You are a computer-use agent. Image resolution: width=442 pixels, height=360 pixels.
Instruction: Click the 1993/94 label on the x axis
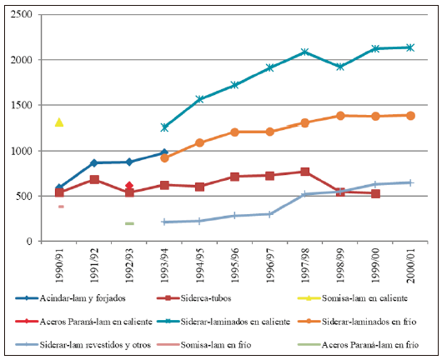coord(165,265)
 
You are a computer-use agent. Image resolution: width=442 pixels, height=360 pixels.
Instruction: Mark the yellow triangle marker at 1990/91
coord(59,122)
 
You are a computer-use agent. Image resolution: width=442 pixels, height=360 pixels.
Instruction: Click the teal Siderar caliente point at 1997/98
coord(305,52)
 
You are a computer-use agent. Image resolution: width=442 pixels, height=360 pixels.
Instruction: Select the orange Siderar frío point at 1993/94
coord(164,157)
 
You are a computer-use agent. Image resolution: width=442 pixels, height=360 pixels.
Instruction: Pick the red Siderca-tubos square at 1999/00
coord(375,193)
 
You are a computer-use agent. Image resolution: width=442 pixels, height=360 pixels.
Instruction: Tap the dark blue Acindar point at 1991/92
coord(94,162)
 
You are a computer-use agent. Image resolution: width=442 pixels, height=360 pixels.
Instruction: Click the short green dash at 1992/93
coord(129,223)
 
